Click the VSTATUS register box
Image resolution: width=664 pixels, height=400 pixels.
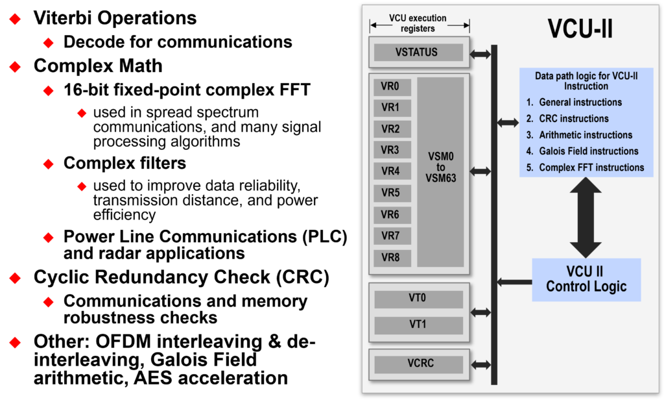(x=418, y=53)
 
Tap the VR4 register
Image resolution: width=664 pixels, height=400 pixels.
(x=390, y=171)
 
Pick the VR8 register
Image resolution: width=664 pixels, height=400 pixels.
(x=390, y=257)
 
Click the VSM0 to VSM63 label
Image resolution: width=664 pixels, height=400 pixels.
(x=441, y=167)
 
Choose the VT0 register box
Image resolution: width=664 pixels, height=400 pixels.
(x=418, y=299)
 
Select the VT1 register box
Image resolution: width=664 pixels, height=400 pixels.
(x=418, y=325)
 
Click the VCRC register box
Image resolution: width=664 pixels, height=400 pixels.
(x=418, y=364)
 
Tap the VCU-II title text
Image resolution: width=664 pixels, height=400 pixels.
(x=580, y=29)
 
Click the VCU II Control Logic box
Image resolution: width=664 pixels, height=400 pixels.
(x=586, y=279)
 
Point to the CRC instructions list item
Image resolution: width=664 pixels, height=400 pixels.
(x=574, y=119)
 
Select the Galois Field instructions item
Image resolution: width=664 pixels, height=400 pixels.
(x=588, y=151)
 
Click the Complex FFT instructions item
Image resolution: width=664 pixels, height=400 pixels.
(x=591, y=168)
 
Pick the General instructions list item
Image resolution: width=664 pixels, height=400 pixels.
(x=580, y=103)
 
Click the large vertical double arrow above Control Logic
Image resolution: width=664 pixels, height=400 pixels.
(x=586, y=218)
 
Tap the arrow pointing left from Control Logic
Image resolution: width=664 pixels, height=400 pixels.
(x=515, y=282)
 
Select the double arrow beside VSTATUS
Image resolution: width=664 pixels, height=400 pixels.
(x=480, y=55)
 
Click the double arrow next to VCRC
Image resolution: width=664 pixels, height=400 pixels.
(x=480, y=365)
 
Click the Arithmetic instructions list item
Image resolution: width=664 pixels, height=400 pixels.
(x=586, y=135)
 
